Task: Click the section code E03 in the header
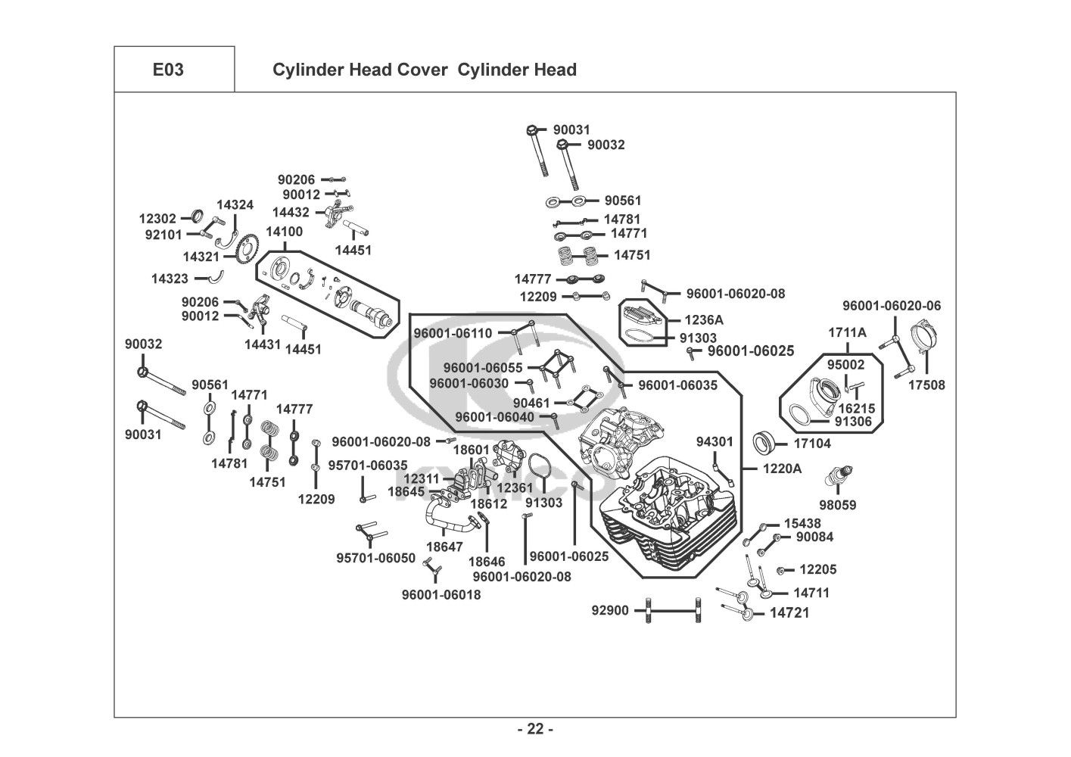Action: coord(168,70)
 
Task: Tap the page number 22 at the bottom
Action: coord(535,729)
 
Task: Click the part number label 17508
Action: coord(926,385)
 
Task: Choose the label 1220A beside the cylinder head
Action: coord(782,469)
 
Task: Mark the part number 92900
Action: coord(610,610)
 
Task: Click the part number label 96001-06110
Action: coord(453,333)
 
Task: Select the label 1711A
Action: coord(847,332)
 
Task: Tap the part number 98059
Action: coord(838,505)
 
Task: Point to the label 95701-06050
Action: coord(376,558)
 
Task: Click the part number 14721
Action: coord(789,612)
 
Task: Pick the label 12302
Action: coord(157,219)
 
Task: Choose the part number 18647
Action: coord(444,547)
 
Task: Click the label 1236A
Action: coord(704,319)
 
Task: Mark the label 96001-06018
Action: coord(441,594)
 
